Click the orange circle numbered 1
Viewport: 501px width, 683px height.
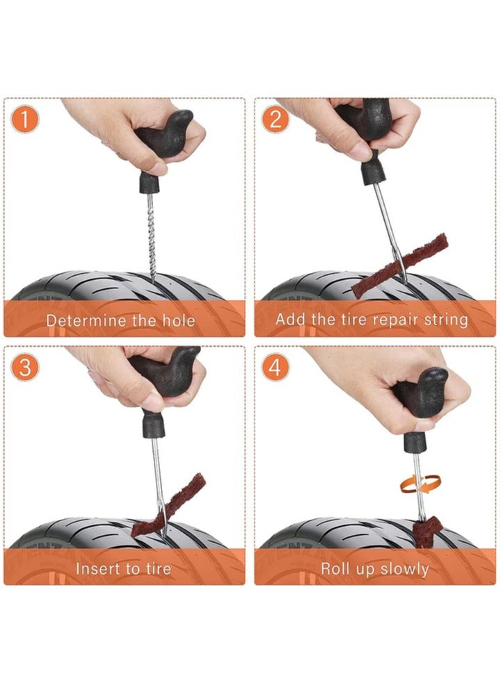[25, 120]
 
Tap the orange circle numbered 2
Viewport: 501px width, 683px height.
[275, 120]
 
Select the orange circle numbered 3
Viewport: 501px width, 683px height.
[25, 368]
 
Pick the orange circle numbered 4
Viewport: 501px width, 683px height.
[275, 368]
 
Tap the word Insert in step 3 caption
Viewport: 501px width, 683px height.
[97, 568]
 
